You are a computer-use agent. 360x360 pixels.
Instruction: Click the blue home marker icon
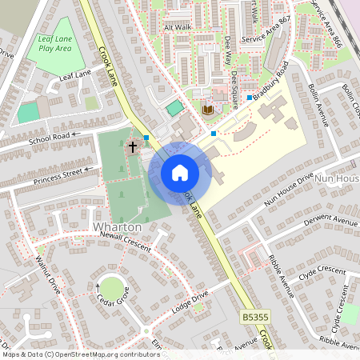[180, 172]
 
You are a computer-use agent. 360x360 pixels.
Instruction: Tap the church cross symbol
[133, 146]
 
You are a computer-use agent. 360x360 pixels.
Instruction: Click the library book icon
[207, 109]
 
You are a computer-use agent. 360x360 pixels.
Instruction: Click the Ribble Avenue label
[280, 277]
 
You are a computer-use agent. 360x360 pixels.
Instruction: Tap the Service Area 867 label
[267, 31]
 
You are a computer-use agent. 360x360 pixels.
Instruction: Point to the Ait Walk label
[178, 26]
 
